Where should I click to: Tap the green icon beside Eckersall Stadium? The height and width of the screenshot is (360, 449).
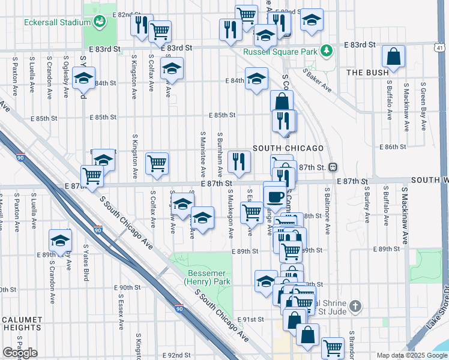[100, 22]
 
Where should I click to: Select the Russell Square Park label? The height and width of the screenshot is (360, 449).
[280, 52]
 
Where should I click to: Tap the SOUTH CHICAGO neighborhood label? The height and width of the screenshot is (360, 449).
[288, 148]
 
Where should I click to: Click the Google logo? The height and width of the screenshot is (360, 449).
[20, 353]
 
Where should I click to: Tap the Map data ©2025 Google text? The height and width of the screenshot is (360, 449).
[411, 355]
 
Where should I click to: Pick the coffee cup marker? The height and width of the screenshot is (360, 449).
[275, 196]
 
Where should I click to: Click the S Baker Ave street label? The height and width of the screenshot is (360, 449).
[318, 80]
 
